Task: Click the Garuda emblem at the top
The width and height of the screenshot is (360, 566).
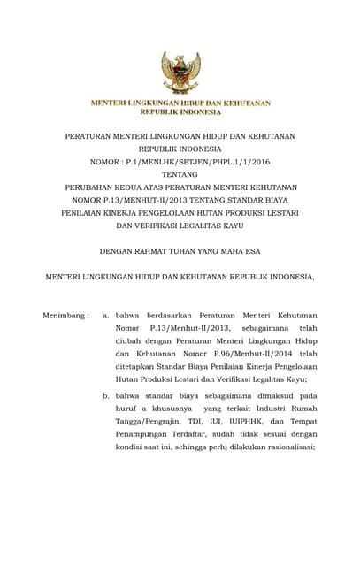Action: (180, 73)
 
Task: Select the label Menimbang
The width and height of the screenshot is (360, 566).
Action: (64, 316)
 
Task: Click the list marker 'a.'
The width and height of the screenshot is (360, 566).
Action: (106, 316)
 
